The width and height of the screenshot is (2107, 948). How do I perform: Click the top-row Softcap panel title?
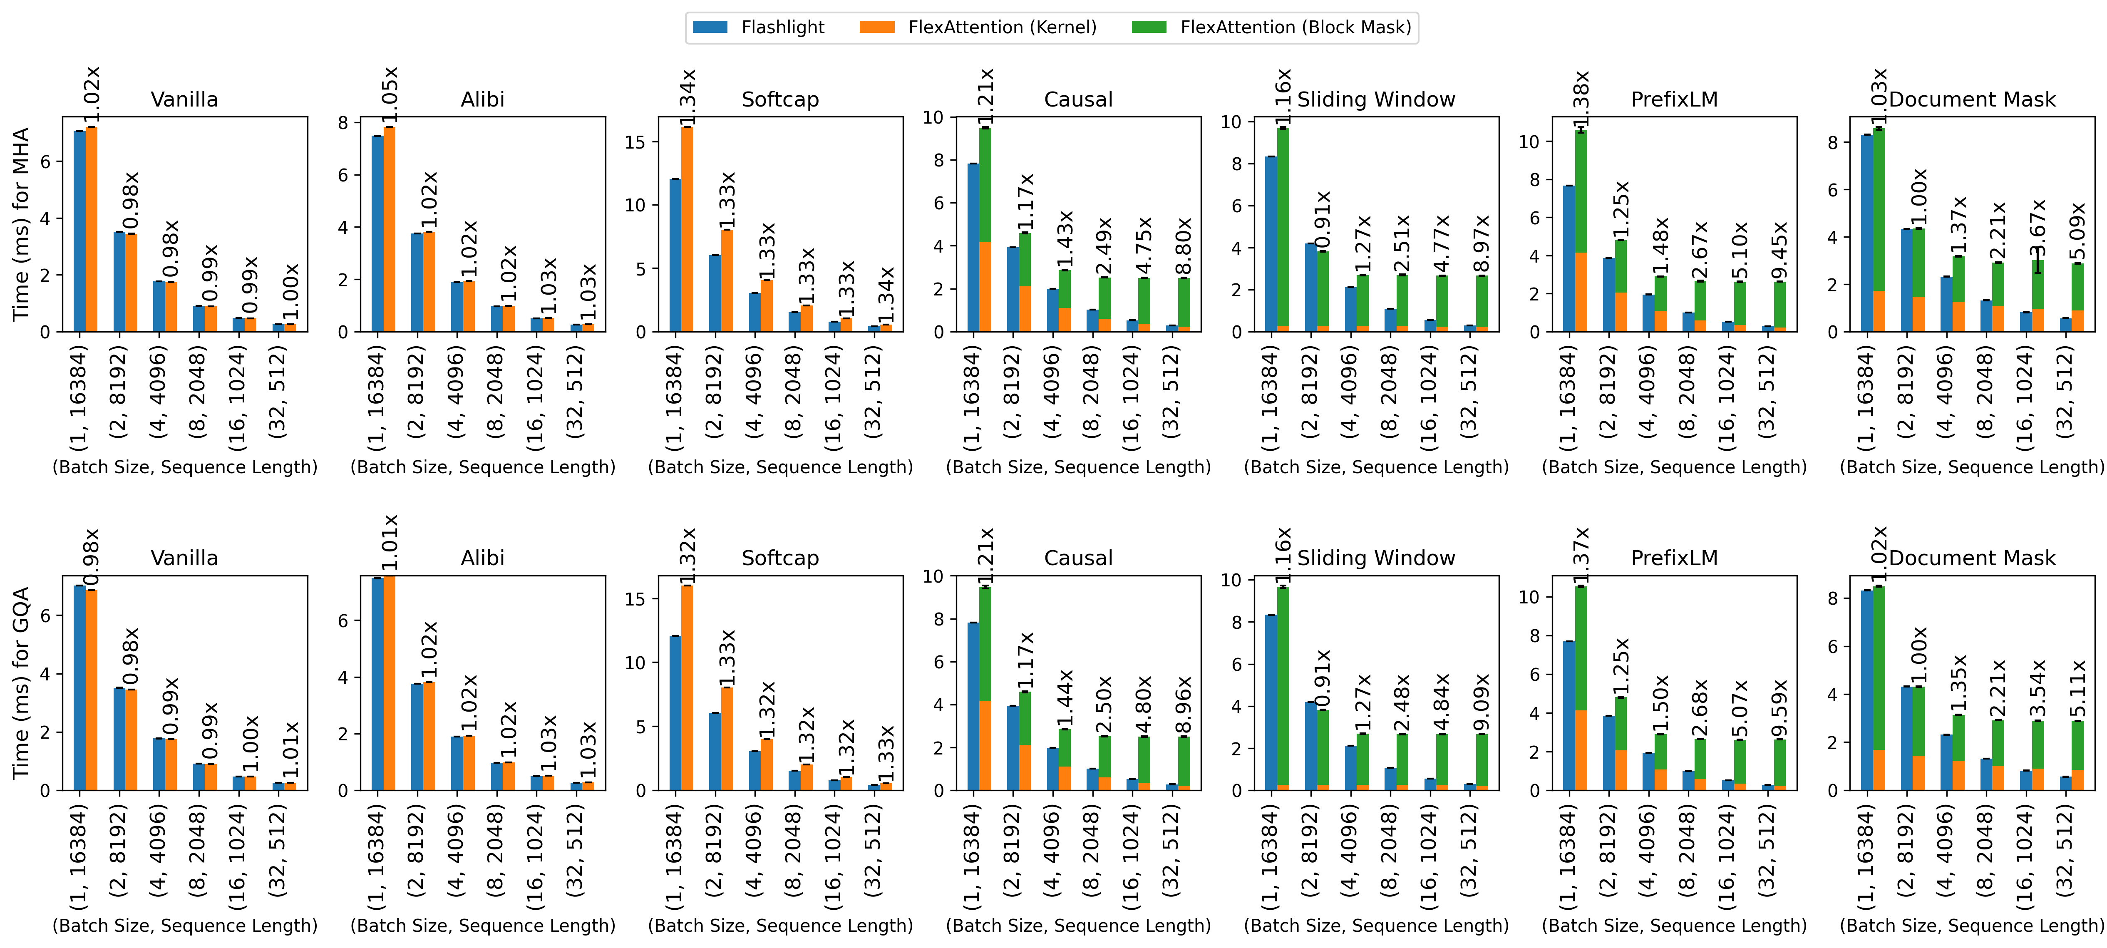point(779,100)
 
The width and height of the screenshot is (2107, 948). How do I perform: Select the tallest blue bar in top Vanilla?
point(79,231)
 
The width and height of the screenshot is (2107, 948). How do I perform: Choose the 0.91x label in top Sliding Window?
point(1323,219)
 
